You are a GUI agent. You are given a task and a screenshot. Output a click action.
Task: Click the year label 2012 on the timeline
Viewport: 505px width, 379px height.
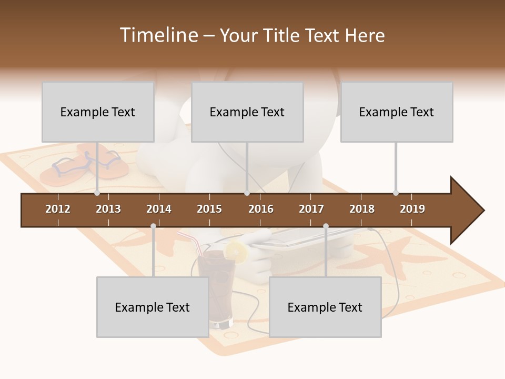(58, 209)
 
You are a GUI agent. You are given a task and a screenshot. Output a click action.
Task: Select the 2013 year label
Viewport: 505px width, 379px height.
(108, 209)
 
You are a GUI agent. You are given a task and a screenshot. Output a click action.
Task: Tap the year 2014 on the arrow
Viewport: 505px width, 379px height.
(159, 209)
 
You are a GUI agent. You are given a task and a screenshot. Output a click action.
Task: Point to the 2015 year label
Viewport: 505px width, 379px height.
(209, 209)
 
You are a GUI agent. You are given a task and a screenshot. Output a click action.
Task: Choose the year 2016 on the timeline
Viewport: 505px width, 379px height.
(261, 209)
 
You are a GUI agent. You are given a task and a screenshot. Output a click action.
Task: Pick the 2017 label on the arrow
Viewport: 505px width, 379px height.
(311, 209)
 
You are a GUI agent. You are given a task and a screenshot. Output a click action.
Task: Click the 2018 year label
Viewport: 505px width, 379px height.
(362, 209)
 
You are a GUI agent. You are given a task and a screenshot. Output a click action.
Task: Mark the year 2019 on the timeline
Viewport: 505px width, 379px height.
(412, 209)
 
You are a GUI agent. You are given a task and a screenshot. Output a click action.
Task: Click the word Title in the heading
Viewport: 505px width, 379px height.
(281, 35)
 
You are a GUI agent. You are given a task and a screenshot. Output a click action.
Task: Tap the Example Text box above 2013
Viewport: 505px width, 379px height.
(98, 112)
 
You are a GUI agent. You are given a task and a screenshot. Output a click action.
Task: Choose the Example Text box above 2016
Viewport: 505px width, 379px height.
(247, 112)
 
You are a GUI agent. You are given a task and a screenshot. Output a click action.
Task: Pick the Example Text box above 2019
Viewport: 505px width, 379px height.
(397, 112)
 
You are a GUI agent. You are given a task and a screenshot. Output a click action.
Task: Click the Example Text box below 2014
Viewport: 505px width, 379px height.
(153, 307)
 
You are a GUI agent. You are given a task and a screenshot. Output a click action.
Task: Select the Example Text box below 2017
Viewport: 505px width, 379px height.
(325, 307)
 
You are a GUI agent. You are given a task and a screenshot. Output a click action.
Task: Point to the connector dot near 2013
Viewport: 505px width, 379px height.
(97, 193)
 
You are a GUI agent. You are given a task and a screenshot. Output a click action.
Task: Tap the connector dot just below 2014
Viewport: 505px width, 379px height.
(153, 226)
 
